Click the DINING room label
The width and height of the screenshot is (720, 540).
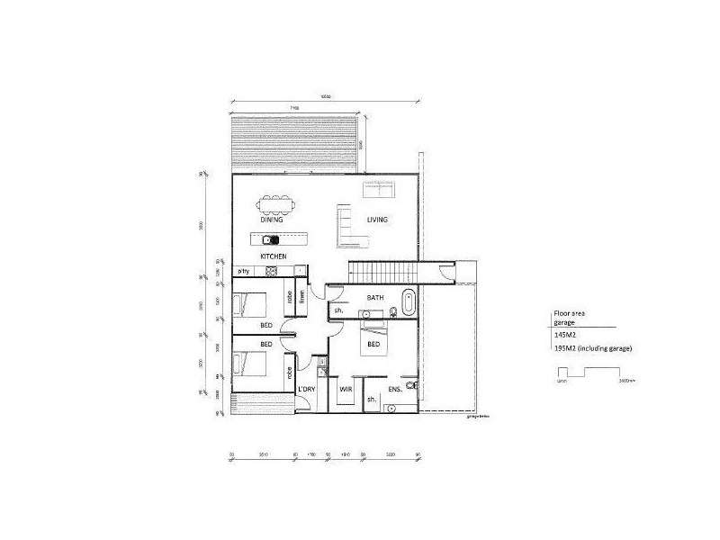point(272,220)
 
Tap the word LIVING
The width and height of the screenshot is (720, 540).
point(377,220)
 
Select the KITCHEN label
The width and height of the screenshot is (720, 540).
point(274,257)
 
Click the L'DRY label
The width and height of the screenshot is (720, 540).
point(307,389)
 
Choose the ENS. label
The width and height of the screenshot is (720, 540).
point(394,389)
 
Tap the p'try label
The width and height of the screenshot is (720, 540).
point(243,271)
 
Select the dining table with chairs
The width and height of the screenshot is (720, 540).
point(273,202)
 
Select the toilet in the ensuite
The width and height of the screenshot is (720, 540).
point(411,385)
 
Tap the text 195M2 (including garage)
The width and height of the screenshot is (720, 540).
point(595,347)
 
